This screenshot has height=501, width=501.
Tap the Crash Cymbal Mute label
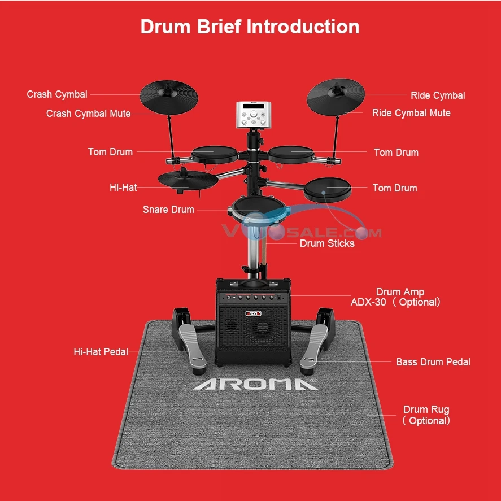(x=88, y=114)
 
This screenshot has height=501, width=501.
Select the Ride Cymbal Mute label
(x=411, y=113)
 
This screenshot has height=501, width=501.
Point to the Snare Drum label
(x=168, y=210)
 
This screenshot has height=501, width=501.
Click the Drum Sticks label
(x=327, y=243)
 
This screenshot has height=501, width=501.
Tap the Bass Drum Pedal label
(x=433, y=361)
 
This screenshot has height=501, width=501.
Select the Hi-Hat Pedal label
(x=101, y=352)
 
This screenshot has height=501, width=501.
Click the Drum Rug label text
(x=426, y=409)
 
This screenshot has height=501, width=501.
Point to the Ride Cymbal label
(x=438, y=95)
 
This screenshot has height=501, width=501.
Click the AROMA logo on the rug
(x=255, y=384)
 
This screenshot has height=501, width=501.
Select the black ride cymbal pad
(x=336, y=95)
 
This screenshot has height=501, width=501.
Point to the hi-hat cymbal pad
(x=188, y=179)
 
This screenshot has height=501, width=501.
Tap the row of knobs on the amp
(x=252, y=298)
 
